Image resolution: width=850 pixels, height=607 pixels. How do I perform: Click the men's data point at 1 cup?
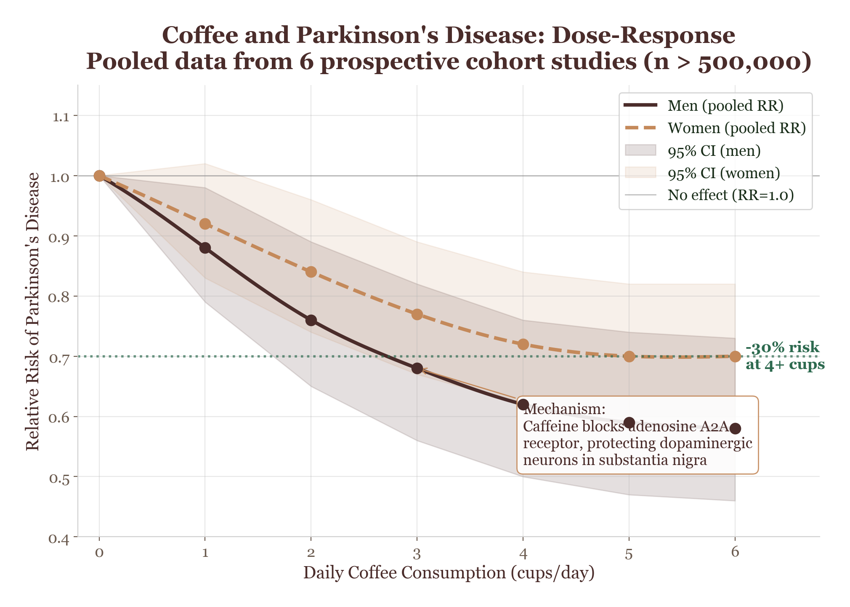(205, 248)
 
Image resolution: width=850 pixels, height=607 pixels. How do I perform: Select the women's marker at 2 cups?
(311, 272)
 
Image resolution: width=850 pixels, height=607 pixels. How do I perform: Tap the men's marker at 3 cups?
(417, 369)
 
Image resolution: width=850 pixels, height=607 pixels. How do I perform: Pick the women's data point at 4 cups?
(523, 344)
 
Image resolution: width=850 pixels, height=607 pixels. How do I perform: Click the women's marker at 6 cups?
(735, 356)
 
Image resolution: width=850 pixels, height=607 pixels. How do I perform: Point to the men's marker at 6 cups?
(735, 429)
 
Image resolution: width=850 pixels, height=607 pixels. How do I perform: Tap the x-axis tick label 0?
(99, 553)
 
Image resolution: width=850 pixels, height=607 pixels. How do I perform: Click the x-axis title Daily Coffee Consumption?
(449, 573)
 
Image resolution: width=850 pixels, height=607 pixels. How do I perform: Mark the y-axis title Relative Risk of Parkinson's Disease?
(33, 311)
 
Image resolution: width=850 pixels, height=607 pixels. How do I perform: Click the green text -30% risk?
(782, 348)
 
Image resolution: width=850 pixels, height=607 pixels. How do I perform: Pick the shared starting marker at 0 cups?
(99, 176)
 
